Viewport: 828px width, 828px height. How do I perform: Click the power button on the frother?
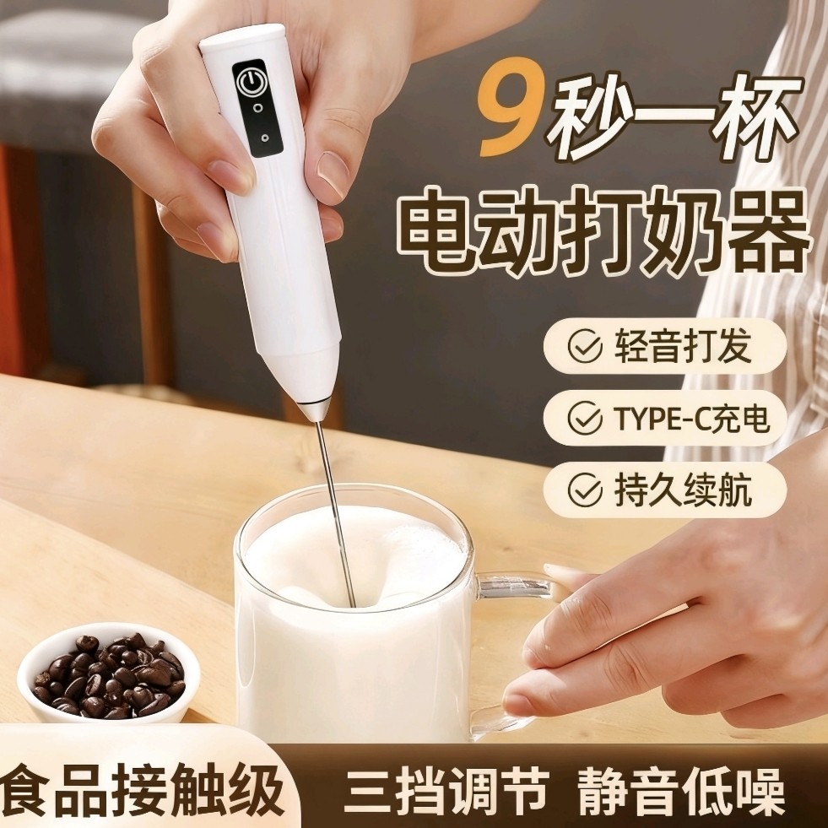point(248,82)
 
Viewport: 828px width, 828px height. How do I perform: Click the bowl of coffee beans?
point(108,672)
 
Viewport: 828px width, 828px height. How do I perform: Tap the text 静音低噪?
point(680,791)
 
